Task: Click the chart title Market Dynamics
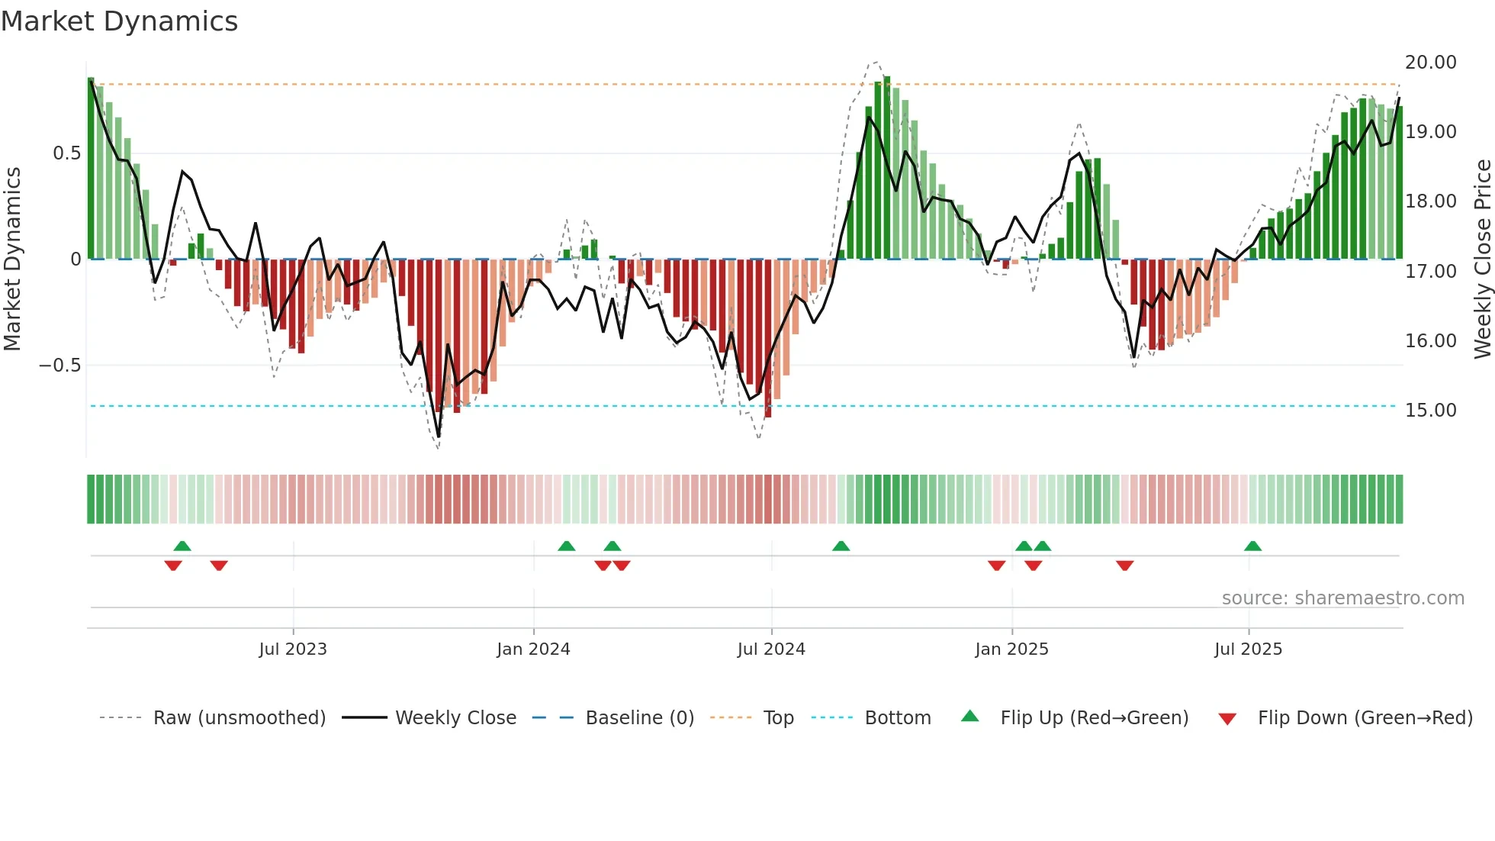click(120, 21)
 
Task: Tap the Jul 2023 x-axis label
click(293, 649)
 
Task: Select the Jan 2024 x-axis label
click(533, 649)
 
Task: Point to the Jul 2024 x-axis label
click(771, 649)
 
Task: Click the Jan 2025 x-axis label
click(1011, 649)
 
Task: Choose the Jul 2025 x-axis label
click(1248, 649)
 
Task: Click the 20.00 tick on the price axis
click(1430, 63)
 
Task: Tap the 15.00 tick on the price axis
click(1430, 411)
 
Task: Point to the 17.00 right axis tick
click(1430, 272)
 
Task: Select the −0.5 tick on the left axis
click(59, 366)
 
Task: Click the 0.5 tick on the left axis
click(66, 153)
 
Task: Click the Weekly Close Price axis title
click(1482, 259)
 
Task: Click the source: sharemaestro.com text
click(1342, 598)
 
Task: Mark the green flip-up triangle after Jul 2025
click(1252, 546)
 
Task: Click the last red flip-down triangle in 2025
click(1124, 565)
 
